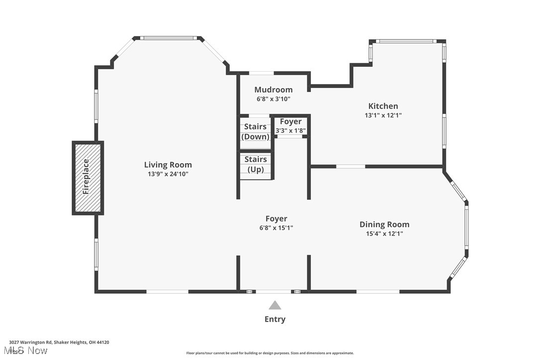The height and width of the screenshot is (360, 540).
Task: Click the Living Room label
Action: (x=168, y=165)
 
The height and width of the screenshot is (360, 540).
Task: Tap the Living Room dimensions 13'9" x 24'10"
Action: (x=168, y=174)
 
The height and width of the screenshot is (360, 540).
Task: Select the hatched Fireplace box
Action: (x=88, y=178)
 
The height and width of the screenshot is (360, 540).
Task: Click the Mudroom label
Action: (x=273, y=90)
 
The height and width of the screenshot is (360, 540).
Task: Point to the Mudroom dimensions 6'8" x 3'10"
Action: (x=273, y=99)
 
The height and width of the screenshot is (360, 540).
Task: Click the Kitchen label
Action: (x=383, y=106)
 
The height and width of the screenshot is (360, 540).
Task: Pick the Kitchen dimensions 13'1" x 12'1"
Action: (x=383, y=115)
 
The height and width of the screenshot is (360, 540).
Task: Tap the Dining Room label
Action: (x=384, y=224)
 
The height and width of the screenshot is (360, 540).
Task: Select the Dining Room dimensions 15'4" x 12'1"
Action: (x=384, y=233)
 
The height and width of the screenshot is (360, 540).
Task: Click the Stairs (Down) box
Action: (x=255, y=132)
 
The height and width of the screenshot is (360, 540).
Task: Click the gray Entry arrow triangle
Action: (x=274, y=305)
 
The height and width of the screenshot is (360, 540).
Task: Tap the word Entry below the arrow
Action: (x=274, y=319)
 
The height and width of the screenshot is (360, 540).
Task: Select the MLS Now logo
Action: (x=28, y=351)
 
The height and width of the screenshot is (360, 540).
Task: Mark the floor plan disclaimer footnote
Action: (x=270, y=353)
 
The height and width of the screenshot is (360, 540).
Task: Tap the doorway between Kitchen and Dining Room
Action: (x=351, y=166)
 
